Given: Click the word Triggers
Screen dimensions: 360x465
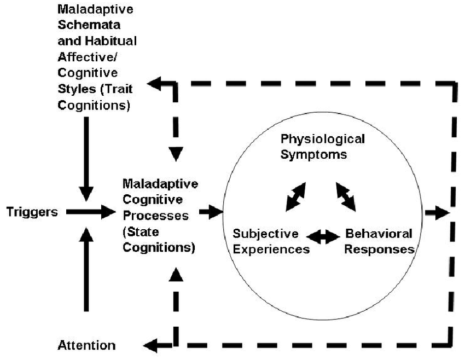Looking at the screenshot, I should tap(32, 212).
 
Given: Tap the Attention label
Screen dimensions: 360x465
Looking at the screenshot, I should tap(87, 346).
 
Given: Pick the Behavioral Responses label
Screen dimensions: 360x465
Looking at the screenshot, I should tap(379, 241).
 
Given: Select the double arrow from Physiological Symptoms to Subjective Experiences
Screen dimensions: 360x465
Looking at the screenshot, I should tap(295, 195).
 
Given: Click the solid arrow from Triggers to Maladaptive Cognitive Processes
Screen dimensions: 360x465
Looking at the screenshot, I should tap(91, 212).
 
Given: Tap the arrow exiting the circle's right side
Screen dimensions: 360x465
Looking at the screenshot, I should tap(438, 212).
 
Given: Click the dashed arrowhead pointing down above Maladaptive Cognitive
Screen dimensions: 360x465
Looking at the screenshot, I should tap(176, 153).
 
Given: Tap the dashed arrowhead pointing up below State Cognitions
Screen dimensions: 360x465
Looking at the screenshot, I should tap(176, 274).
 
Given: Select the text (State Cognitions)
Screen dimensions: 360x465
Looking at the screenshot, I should tap(159, 240).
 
